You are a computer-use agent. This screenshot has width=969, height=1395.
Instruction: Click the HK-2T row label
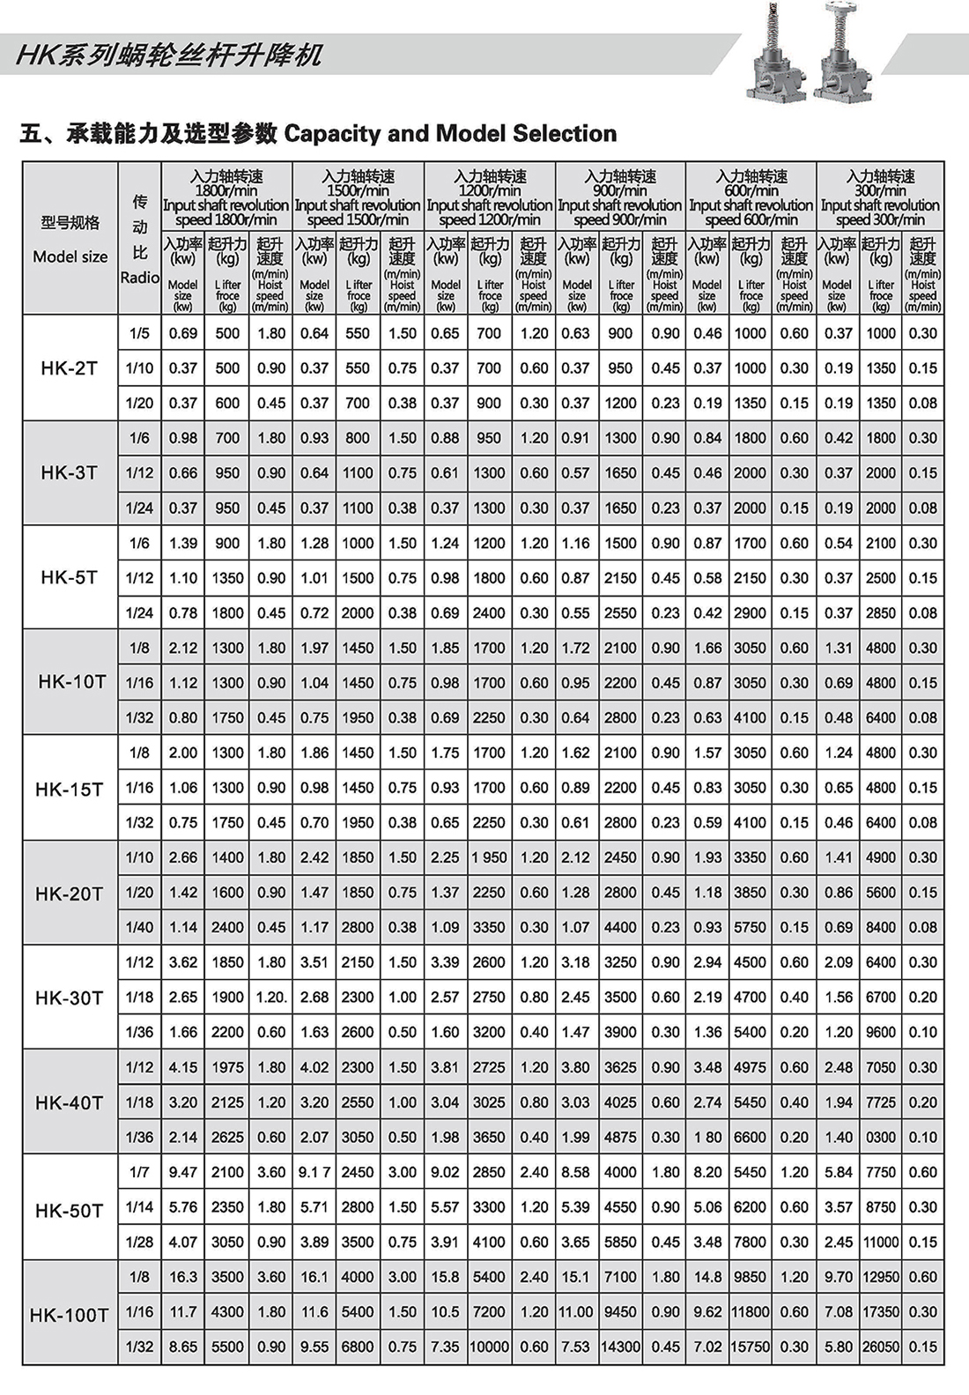(70, 368)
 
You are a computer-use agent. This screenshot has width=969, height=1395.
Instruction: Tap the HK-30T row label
(70, 998)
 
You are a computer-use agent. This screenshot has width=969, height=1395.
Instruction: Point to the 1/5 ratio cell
(139, 333)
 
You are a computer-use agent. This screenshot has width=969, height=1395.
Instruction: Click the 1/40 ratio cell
(139, 927)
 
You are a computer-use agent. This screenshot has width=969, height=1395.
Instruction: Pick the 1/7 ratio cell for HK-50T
(139, 1172)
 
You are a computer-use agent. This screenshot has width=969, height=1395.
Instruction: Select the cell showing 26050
(881, 1347)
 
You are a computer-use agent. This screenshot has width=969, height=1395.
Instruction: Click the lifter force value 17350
(881, 1311)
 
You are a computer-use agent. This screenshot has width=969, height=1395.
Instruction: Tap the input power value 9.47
(183, 1172)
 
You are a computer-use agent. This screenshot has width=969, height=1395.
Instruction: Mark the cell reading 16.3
(183, 1277)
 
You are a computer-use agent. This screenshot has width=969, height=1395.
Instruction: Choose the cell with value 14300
(620, 1347)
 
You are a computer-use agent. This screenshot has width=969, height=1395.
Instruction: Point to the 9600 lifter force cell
(881, 1032)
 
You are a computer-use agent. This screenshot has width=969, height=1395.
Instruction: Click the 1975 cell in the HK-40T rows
(227, 1067)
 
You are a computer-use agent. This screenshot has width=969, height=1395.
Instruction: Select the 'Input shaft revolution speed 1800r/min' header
(226, 198)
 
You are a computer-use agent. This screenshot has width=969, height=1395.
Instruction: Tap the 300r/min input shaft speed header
(880, 198)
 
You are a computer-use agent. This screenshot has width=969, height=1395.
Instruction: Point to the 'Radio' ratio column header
(140, 278)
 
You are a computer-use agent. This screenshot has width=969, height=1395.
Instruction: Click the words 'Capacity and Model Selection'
(450, 134)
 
